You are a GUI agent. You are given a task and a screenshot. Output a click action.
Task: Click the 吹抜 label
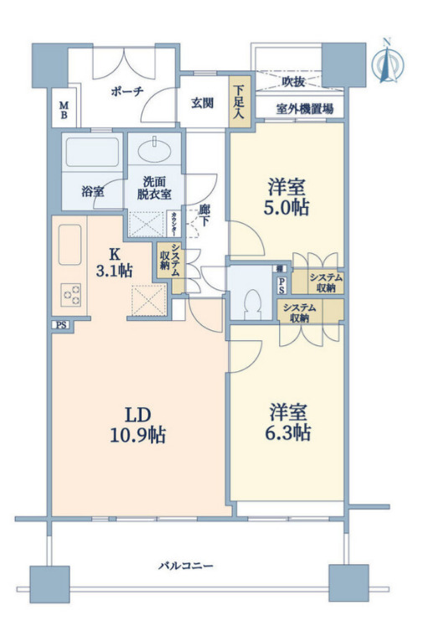click(x=292, y=82)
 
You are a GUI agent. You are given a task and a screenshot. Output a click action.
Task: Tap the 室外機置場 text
click(x=305, y=108)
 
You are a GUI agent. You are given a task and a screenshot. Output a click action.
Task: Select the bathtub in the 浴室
click(x=92, y=154)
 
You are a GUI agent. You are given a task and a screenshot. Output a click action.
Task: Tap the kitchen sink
click(x=70, y=245)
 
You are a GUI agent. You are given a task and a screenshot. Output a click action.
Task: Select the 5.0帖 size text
click(x=287, y=208)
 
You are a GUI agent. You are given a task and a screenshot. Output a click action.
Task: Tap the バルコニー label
click(x=185, y=567)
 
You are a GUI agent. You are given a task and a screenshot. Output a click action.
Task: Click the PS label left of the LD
click(x=59, y=325)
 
